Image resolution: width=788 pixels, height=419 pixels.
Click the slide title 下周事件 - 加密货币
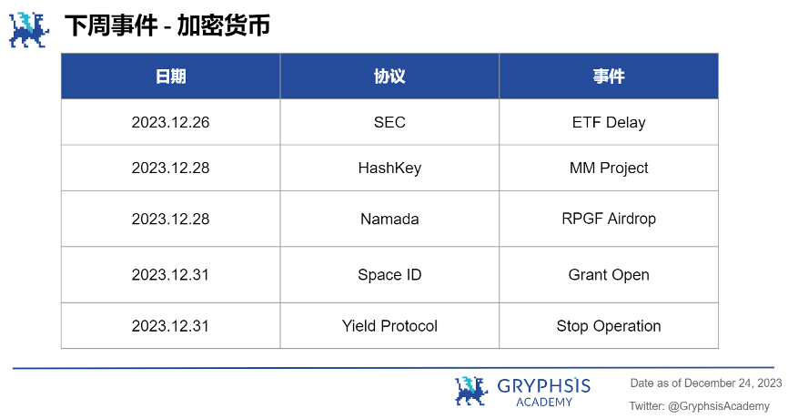(167, 26)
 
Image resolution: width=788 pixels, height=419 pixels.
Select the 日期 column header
(170, 77)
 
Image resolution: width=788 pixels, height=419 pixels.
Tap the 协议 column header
(389, 77)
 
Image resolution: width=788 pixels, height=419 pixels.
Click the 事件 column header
(609, 77)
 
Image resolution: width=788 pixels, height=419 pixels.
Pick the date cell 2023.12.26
(170, 122)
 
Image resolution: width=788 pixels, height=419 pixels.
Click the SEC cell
(389, 122)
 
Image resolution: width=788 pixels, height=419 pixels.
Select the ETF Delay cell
(609, 122)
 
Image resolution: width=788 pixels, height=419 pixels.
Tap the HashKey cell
(389, 168)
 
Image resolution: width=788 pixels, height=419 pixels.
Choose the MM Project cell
(609, 168)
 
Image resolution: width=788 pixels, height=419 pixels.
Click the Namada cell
(389, 219)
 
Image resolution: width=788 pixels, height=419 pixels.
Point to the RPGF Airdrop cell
(609, 219)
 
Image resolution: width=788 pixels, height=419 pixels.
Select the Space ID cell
(389, 275)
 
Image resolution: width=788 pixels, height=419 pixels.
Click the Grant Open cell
(609, 275)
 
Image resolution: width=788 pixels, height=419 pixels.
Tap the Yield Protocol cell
(389, 326)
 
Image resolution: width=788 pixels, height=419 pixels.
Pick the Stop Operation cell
(609, 326)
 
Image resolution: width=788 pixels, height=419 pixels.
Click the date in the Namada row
(170, 219)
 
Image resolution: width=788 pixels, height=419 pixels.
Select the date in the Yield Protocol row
(170, 326)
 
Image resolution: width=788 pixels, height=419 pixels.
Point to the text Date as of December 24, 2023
(706, 383)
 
